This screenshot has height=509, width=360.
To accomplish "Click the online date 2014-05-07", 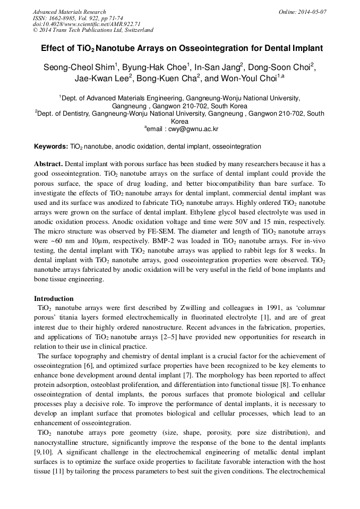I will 311,12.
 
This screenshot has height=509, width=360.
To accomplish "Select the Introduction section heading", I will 54,299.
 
